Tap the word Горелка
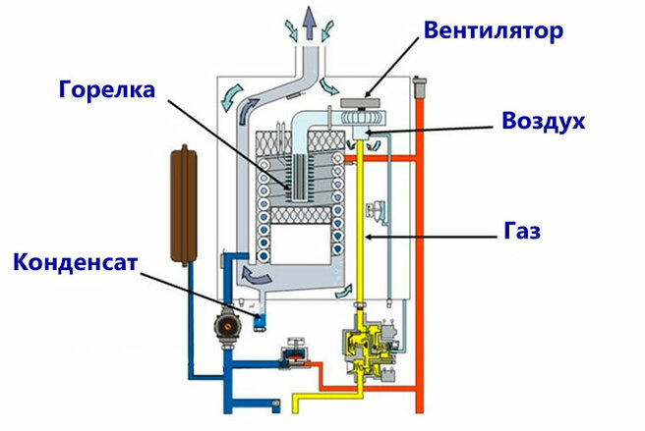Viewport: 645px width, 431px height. pyautogui.click(x=107, y=90)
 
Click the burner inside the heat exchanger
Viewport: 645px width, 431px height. pyautogui.click(x=292, y=181)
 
